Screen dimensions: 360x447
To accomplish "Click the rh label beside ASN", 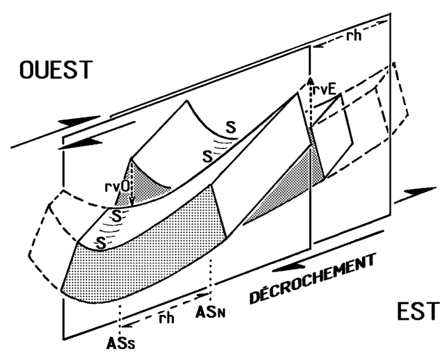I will point(165,318).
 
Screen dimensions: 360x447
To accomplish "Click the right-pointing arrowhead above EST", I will point(419,191).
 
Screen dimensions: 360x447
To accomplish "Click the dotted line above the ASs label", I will point(121,317).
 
